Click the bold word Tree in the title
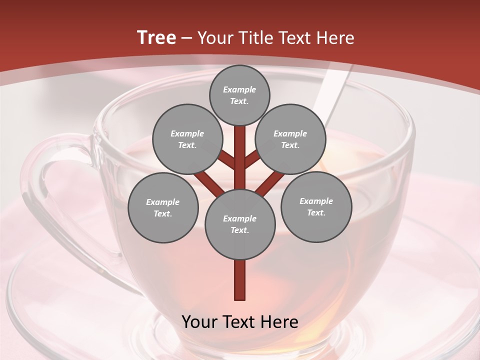(x=156, y=38)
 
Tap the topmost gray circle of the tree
(x=239, y=95)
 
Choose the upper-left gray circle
(x=187, y=139)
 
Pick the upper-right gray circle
(x=290, y=139)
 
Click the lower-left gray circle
(x=162, y=207)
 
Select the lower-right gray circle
(x=316, y=206)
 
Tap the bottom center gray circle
(x=240, y=224)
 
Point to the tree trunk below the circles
(x=240, y=280)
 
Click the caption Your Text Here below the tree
(x=240, y=322)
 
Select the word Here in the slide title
(x=335, y=38)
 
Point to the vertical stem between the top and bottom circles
(x=240, y=155)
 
